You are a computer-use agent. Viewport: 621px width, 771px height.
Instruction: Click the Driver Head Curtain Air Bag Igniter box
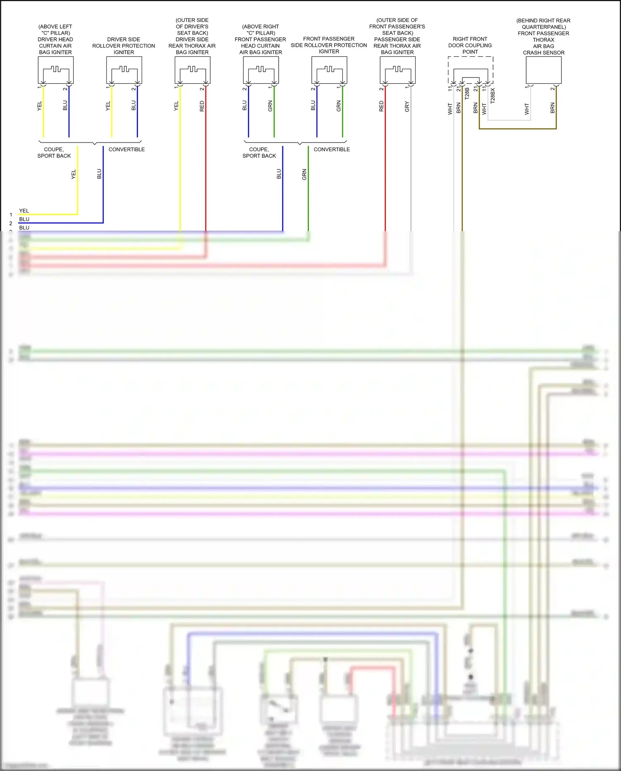pyautogui.click(x=55, y=70)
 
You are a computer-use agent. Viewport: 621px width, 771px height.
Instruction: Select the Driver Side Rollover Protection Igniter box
pyautogui.click(x=124, y=70)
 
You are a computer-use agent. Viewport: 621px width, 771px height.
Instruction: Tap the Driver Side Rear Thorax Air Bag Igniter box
pyautogui.click(x=192, y=70)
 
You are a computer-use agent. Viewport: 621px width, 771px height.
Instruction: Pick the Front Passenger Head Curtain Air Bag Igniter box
pyautogui.click(x=260, y=70)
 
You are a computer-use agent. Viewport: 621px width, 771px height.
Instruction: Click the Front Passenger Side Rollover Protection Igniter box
pyautogui.click(x=329, y=70)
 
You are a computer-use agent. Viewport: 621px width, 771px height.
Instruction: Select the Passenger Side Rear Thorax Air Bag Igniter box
pyautogui.click(x=397, y=70)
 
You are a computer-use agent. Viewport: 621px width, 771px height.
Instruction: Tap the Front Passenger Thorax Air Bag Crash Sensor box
pyautogui.click(x=544, y=70)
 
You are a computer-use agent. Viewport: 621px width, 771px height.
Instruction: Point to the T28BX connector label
pyautogui.click(x=493, y=96)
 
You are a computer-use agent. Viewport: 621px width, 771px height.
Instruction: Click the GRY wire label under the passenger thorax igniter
pyautogui.click(x=407, y=106)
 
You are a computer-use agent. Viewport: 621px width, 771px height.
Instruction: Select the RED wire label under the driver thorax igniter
pyautogui.click(x=202, y=106)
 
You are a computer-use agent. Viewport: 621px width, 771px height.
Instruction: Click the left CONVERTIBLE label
pyautogui.click(x=127, y=150)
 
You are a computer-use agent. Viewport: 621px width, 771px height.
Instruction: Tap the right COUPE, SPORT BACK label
pyautogui.click(x=259, y=152)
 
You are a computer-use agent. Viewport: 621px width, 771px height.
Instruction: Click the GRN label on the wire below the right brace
pyautogui.click(x=304, y=174)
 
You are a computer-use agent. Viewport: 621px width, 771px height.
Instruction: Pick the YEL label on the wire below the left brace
pyautogui.click(x=74, y=174)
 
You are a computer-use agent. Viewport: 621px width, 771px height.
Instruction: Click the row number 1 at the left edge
pyautogui.click(x=11, y=215)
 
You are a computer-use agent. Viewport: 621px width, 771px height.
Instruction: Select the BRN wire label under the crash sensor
pyautogui.click(x=552, y=109)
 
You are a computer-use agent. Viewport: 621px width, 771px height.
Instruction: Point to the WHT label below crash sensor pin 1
pyautogui.click(x=527, y=109)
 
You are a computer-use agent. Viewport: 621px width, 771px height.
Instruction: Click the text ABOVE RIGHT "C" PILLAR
pyautogui.click(x=260, y=30)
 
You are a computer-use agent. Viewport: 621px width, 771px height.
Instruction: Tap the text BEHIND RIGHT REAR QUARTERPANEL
pyautogui.click(x=543, y=24)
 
